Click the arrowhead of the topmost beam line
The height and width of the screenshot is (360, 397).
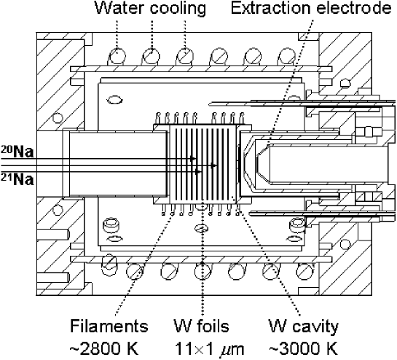click(194, 158)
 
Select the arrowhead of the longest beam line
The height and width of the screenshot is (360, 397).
click(213, 165)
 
